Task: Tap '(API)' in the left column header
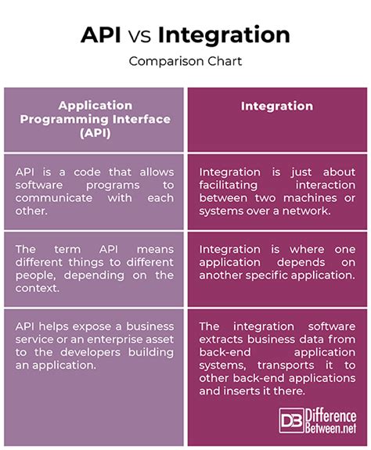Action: click(94, 133)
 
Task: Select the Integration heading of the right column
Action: click(278, 106)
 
